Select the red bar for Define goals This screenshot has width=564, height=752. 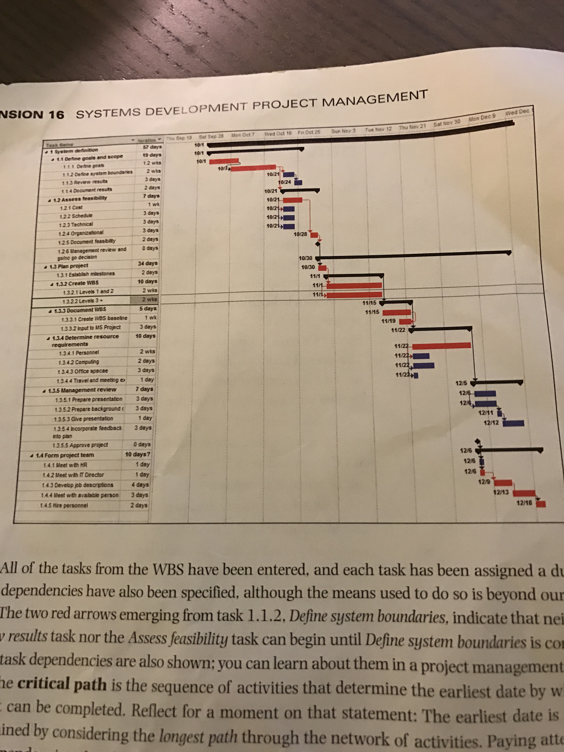pos(225,161)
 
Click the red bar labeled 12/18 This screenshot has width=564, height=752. pos(541,504)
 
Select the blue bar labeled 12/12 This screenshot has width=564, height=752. pos(513,423)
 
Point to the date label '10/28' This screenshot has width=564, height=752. pos(300,234)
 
